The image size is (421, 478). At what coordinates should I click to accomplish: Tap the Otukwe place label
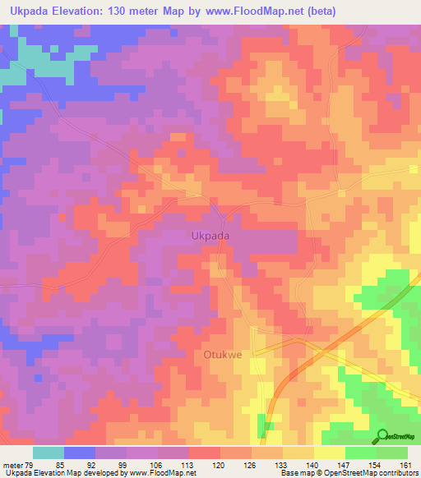coord(221,355)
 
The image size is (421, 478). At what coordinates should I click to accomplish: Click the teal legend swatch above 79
coord(49,453)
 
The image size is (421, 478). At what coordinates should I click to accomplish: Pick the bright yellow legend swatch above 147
coord(330,453)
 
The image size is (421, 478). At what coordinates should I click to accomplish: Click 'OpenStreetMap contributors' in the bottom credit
coord(381,473)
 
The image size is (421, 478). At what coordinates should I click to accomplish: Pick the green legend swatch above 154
coord(361,453)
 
